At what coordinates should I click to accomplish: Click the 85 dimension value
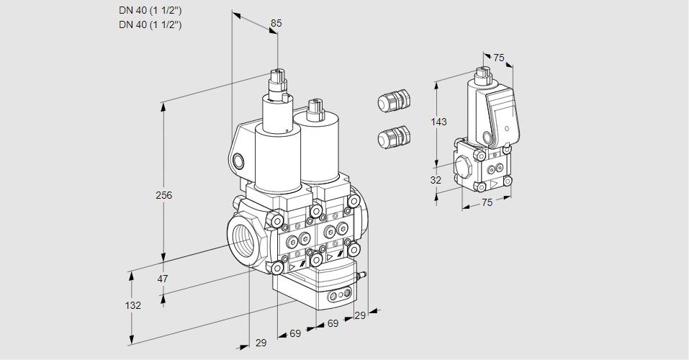click(276, 24)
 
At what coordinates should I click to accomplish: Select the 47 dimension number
click(163, 279)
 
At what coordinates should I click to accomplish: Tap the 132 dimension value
click(132, 305)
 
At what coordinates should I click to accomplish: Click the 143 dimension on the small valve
click(438, 122)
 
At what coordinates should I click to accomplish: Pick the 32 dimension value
click(436, 180)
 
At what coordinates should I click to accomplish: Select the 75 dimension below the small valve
click(487, 203)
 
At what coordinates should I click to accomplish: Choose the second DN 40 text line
click(150, 24)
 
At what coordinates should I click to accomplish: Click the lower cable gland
click(393, 136)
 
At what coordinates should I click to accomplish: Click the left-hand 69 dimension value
click(295, 333)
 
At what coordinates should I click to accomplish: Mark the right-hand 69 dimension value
click(333, 324)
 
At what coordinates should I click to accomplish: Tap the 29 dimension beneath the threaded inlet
click(261, 343)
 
